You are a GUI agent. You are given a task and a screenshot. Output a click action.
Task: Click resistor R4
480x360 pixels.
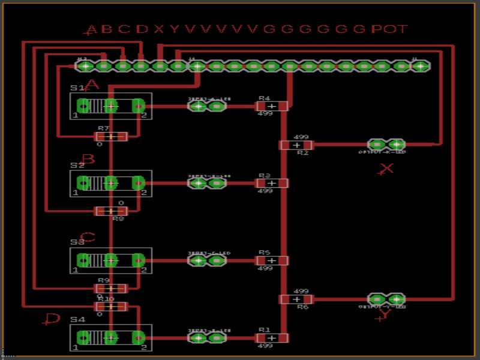tap(272, 106)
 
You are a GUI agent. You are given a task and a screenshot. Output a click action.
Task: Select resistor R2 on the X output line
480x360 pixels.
tap(296, 145)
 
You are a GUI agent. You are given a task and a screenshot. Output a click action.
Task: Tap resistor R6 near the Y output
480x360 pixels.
tap(296, 299)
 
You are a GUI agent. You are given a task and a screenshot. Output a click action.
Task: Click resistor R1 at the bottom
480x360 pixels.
tap(272, 338)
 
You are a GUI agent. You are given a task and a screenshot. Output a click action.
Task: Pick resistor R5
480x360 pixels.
tap(272, 260)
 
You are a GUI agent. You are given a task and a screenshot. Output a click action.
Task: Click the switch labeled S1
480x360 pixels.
tap(110, 106)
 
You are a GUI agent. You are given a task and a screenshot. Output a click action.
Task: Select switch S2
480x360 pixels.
tap(110, 183)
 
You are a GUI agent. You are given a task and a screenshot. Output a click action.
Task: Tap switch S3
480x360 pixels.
tap(110, 260)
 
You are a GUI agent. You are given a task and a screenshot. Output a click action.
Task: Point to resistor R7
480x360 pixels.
tap(112, 137)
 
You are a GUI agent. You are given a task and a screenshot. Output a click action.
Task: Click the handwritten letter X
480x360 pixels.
tap(386, 169)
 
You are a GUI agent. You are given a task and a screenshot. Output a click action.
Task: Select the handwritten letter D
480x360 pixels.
tap(52, 319)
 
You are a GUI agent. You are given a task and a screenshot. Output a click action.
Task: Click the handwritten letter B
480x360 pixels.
tap(88, 160)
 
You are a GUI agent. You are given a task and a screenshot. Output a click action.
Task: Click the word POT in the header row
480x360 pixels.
tap(389, 29)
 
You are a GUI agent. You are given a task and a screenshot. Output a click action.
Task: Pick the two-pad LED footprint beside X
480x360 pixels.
tap(386, 145)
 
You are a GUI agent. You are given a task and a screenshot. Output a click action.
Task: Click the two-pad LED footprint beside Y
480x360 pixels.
tap(386, 299)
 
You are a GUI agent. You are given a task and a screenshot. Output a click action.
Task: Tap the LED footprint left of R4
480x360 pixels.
tap(207, 106)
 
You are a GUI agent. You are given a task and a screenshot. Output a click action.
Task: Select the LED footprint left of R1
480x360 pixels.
tap(207, 338)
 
